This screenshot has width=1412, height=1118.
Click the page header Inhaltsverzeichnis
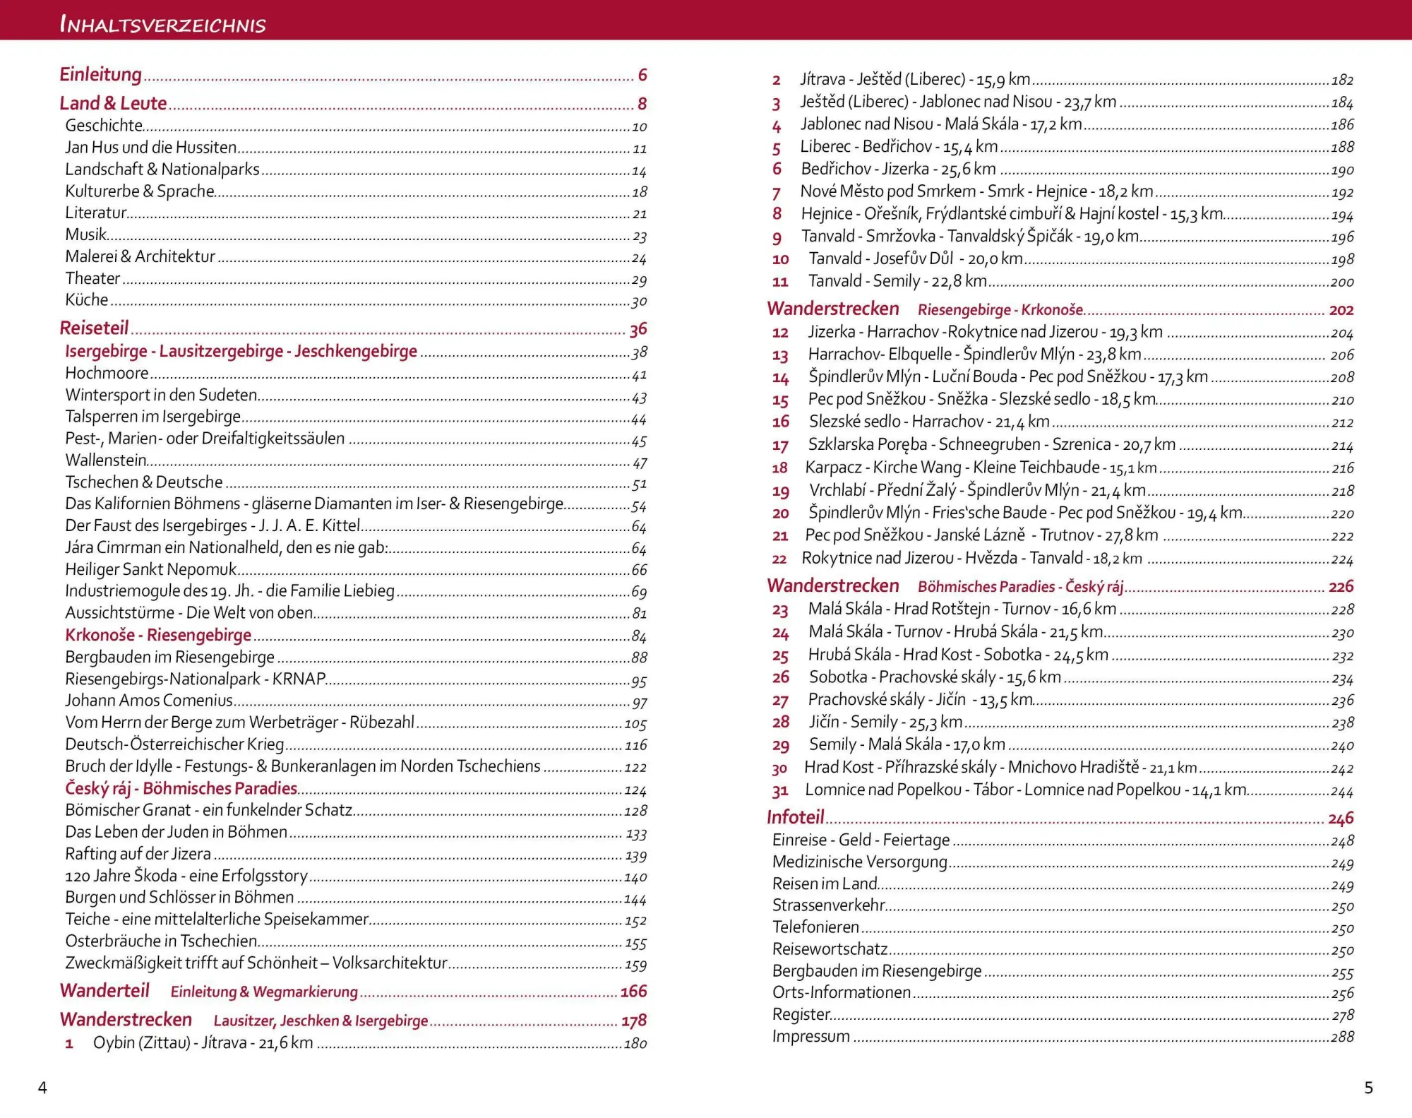(163, 25)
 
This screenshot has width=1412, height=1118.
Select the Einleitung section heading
(100, 74)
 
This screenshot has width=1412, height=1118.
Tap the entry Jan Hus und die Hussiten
(150, 148)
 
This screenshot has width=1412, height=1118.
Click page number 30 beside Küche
(639, 302)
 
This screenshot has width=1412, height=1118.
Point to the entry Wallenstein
(106, 460)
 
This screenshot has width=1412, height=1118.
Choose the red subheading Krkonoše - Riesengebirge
(158, 635)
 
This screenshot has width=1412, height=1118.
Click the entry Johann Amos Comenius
(149, 701)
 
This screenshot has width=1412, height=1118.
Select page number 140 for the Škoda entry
(635, 877)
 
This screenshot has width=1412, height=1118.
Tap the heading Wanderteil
(104, 991)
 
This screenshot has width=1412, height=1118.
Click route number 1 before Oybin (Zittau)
(69, 1044)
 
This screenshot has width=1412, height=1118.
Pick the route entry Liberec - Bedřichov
(899, 147)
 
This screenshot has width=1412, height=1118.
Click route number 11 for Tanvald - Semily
(780, 282)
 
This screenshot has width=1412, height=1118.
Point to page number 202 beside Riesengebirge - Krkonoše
(1341, 310)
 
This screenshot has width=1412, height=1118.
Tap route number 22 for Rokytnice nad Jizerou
(779, 559)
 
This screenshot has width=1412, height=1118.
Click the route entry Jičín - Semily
(885, 722)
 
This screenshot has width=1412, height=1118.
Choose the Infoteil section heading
(796, 817)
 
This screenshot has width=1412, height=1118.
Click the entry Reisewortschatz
(830, 949)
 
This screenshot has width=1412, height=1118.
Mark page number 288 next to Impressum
(1342, 1037)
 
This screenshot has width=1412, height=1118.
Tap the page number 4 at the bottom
(42, 1088)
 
